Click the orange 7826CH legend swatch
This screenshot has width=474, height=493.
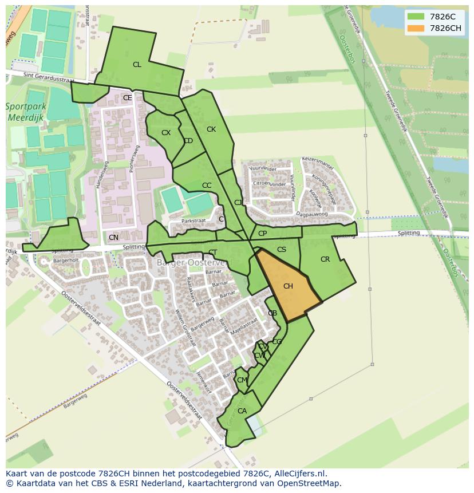tap(416, 28)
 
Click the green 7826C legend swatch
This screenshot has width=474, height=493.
tap(416, 17)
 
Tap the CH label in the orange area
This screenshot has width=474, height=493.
tap(288, 286)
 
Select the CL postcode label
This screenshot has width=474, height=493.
tap(137, 65)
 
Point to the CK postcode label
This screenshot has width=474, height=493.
tap(211, 129)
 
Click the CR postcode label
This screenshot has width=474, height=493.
tap(325, 259)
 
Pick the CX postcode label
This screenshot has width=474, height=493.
tap(166, 133)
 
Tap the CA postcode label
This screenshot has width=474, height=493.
tap(242, 411)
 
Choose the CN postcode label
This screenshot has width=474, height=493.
tap(113, 238)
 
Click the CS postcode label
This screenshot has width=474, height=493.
tap(282, 250)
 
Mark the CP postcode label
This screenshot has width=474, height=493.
tap(262, 234)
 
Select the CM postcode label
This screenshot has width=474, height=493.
tap(242, 380)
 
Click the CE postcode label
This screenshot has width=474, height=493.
tap(127, 98)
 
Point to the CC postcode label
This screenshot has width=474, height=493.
tap(207, 186)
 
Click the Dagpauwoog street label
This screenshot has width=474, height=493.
tap(312, 214)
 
